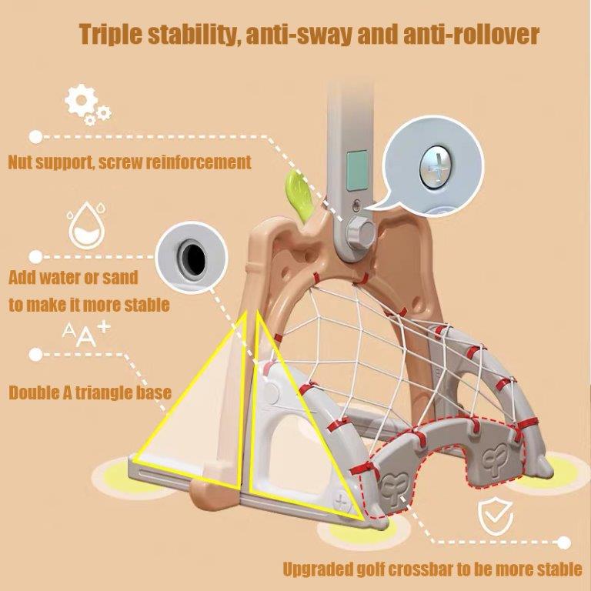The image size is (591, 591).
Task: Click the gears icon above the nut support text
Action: [87, 104]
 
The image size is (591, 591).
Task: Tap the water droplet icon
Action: [86, 225]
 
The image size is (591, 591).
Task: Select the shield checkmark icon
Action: [496, 516]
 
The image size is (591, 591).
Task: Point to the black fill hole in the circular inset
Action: [193, 259]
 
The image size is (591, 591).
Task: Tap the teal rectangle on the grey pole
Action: [356, 170]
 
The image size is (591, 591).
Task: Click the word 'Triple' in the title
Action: [111, 35]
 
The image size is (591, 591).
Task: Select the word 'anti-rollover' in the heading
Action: [471, 35]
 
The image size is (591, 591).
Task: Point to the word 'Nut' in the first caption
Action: [18, 162]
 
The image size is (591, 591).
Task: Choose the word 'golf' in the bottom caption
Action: [368, 569]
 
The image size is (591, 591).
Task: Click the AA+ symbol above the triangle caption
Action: [86, 334]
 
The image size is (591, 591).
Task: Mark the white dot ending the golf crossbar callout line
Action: [564, 543]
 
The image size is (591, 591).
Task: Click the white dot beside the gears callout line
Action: [36, 137]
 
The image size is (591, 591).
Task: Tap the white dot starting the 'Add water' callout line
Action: [36, 257]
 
